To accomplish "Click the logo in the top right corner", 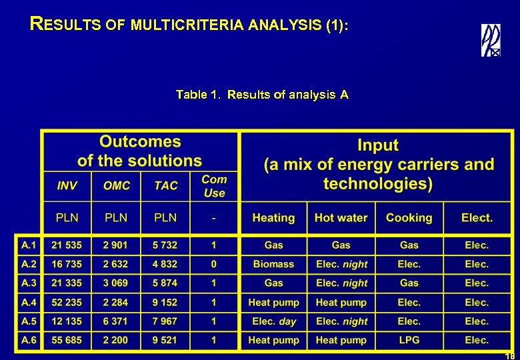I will coord(491,40).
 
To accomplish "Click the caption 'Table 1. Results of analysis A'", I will coord(262,95).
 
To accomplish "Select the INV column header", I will coord(67,186).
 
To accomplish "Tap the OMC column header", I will coord(117,186).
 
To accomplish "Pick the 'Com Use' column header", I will coord(214,186).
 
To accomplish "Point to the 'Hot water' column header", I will coord(341,218).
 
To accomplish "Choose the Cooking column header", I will coord(409,218).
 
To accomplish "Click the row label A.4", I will coord(29,303).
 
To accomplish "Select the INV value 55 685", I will coord(67,341).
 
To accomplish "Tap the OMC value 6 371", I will coord(116,321).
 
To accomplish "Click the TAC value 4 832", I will coord(165,265).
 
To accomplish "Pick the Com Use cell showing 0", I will coord(213,265).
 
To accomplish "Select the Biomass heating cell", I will coord(273,265).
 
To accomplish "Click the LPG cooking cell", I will coord(409,341).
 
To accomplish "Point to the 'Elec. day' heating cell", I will coord(273,321).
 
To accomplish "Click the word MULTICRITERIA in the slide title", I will coord(188,25).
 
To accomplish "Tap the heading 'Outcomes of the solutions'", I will coord(140,151).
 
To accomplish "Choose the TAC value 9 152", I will coord(165,303).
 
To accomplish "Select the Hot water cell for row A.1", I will coord(341,245).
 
